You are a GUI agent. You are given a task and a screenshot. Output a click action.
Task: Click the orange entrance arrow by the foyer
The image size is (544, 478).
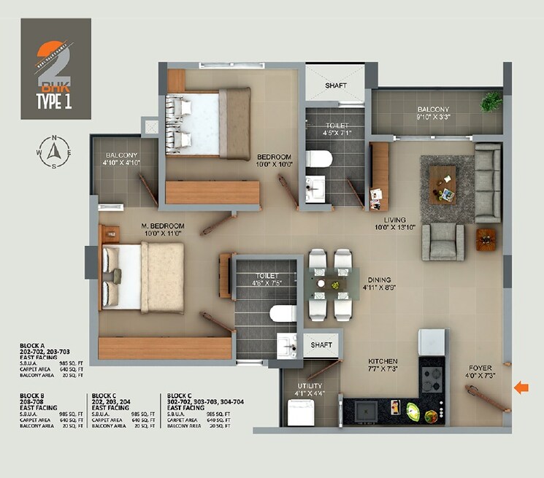(x=521, y=388)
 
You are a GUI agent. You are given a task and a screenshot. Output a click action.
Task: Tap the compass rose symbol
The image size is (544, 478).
(x=53, y=152)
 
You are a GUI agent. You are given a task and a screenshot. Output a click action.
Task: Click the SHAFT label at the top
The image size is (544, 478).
(x=336, y=85)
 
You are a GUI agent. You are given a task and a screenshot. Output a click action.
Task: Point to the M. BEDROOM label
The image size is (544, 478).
(x=163, y=226)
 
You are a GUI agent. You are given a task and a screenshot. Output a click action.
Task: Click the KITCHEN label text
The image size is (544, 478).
(x=383, y=361)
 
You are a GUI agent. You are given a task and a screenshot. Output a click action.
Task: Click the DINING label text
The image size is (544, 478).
(x=379, y=280)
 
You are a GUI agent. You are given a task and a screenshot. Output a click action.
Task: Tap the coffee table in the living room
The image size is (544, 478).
(x=443, y=182)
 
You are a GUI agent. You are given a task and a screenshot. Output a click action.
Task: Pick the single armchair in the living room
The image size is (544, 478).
(x=443, y=241)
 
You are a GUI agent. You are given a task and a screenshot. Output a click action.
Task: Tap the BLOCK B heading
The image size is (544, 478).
(x=36, y=395)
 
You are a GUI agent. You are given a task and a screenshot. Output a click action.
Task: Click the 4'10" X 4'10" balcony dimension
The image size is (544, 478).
(x=122, y=163)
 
